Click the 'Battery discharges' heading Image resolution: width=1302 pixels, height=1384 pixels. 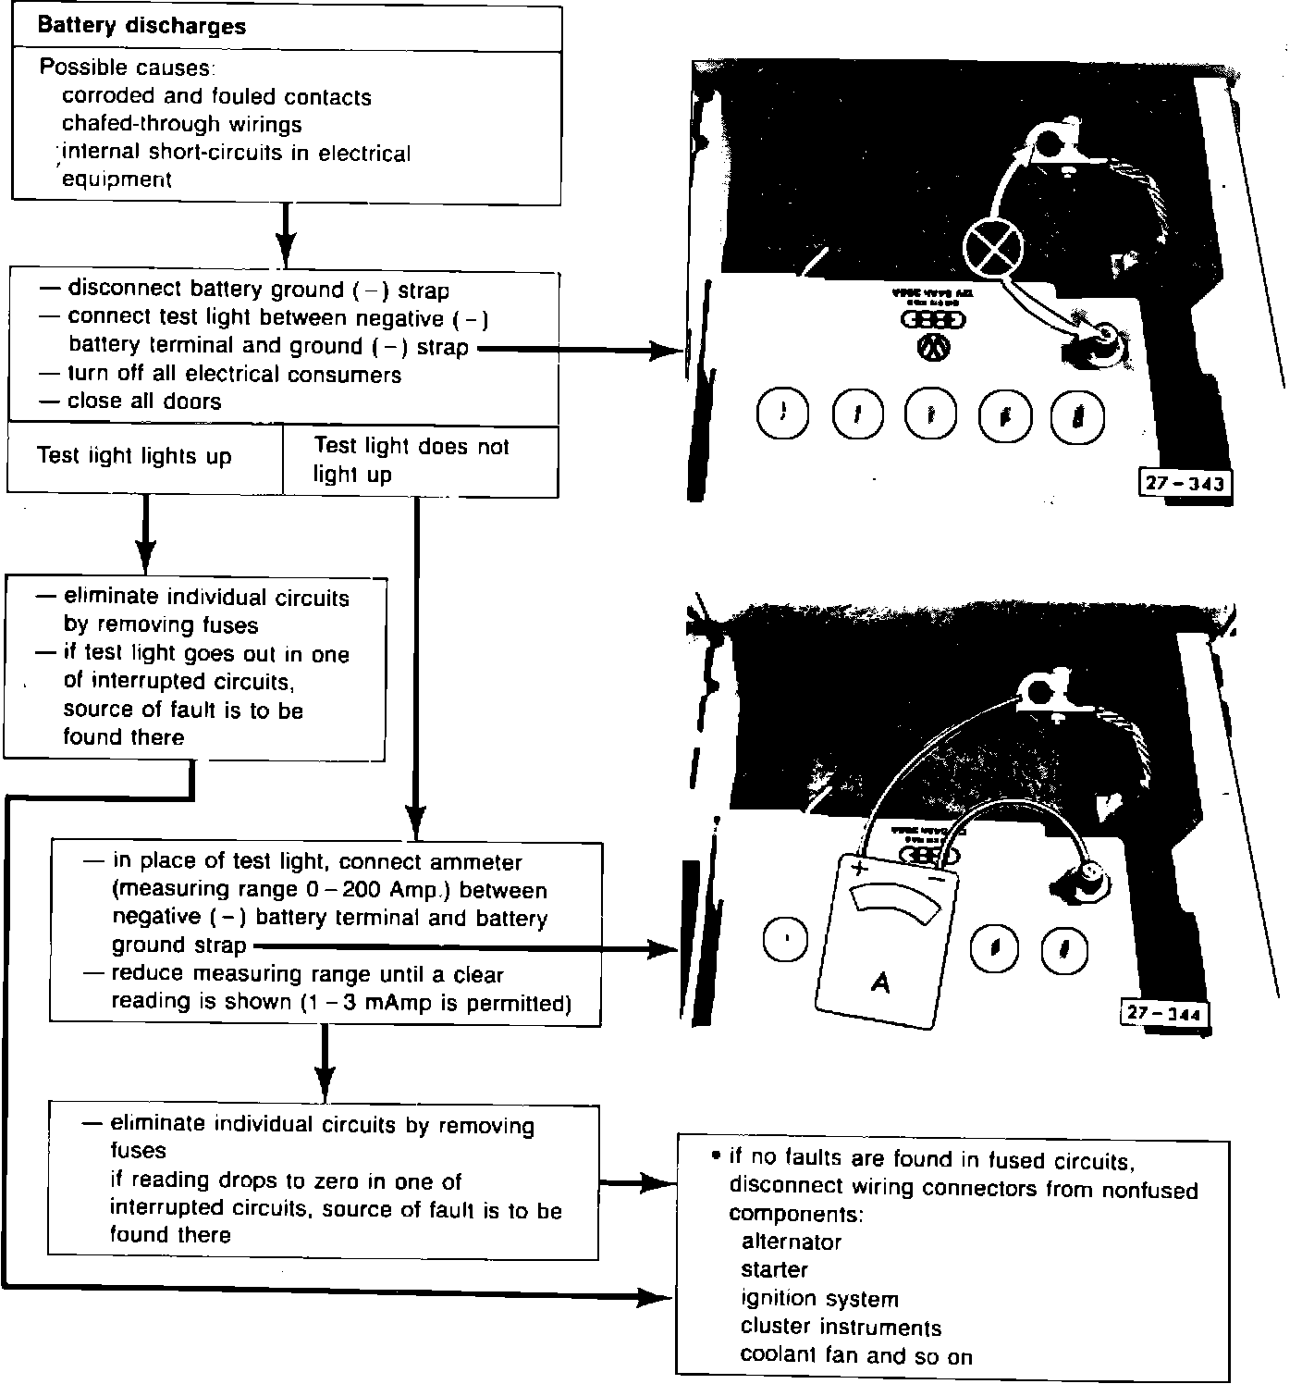point(141,26)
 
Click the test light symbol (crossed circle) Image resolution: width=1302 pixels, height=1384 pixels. point(993,249)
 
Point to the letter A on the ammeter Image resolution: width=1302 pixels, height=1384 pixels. point(880,982)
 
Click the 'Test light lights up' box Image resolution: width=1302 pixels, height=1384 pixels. point(134,456)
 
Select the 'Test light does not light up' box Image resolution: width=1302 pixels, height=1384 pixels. point(411,460)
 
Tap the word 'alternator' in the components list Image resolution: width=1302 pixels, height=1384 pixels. point(791,1242)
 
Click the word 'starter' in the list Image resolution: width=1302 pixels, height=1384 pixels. point(774,1269)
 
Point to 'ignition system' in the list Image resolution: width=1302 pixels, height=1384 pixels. point(819,1299)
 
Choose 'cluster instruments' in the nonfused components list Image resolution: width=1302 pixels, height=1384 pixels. point(841,1328)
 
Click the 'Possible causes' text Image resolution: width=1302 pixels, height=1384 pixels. point(127,68)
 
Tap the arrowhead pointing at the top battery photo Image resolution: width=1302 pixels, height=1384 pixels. point(667,351)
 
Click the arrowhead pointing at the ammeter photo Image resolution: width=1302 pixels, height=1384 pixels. point(664,948)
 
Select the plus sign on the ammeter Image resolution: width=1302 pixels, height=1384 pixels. point(859,869)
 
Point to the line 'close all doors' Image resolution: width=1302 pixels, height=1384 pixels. point(144,402)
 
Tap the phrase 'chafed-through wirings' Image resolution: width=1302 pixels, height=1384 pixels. point(181,124)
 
